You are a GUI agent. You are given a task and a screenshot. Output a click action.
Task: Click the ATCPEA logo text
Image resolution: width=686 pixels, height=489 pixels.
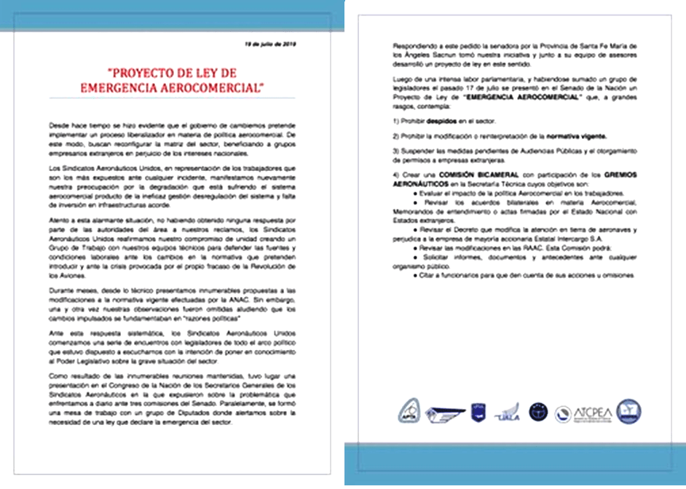click(595, 410)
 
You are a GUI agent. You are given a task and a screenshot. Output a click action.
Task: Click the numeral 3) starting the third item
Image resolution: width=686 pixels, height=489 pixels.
click(397, 151)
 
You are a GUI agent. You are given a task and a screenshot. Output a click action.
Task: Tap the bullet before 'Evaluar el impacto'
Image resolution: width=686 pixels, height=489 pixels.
click(416, 195)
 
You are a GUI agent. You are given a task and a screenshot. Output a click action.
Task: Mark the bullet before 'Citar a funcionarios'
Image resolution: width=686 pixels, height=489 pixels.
click(416, 274)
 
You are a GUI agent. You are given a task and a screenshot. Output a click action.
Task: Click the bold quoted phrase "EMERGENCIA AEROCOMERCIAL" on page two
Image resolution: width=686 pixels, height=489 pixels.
click(530, 96)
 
